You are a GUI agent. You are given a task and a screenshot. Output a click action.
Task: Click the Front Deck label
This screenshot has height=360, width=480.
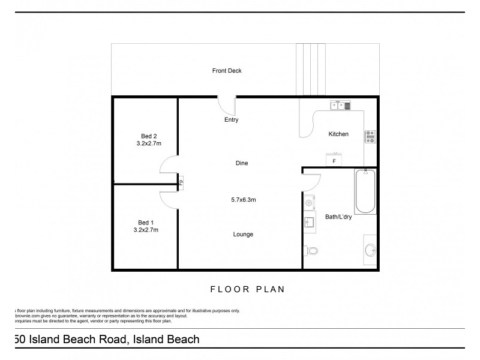click(227, 71)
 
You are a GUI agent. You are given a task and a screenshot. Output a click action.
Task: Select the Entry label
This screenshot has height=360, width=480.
click(231, 120)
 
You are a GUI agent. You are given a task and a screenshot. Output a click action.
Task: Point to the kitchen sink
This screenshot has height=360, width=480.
click(340, 106)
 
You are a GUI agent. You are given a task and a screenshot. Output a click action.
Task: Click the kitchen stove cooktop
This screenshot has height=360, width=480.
click(370, 136)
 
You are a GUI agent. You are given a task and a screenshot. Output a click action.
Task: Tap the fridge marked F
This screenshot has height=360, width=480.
click(334, 160)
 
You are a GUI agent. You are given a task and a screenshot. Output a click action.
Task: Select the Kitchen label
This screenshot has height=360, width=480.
click(338, 134)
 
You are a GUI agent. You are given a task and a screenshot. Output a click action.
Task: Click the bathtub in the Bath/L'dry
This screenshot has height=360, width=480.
click(365, 192)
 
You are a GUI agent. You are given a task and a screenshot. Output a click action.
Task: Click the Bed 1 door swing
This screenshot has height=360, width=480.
click(169, 199)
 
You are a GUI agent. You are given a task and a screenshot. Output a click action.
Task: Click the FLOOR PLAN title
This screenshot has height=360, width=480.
click(247, 289)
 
